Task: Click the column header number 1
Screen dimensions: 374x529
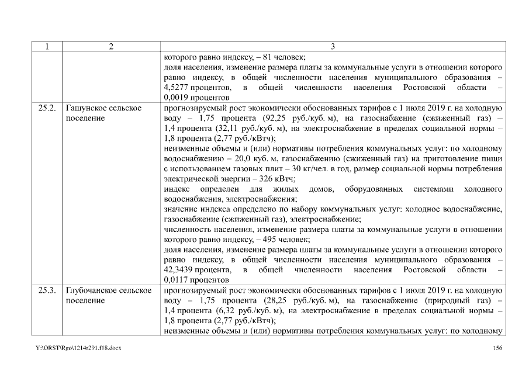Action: point(45,47)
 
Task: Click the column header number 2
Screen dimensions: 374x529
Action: point(111,47)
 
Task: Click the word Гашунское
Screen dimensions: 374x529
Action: point(88,109)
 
